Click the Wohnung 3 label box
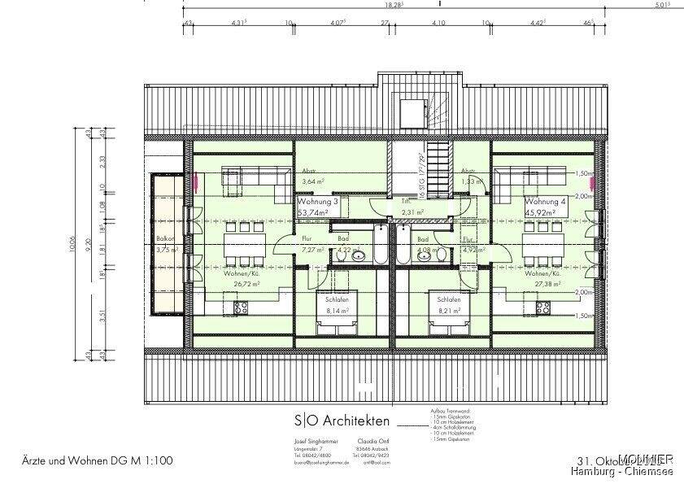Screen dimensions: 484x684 coord(312,207)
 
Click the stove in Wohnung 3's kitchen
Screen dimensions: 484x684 coord(241,307)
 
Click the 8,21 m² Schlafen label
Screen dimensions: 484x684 coord(449,304)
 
